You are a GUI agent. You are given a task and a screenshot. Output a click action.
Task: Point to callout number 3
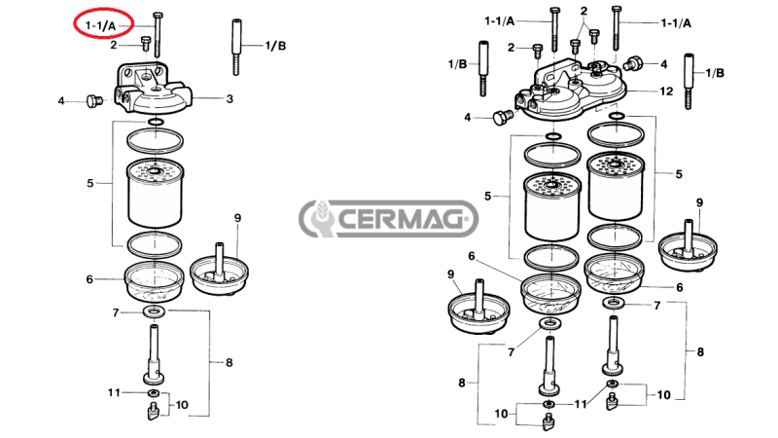230,98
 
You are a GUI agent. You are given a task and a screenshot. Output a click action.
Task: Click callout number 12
666,91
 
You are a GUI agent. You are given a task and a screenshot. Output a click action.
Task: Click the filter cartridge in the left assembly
154,193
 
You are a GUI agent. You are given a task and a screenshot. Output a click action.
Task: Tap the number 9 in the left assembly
236,216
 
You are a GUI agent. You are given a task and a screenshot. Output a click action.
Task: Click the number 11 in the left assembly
114,392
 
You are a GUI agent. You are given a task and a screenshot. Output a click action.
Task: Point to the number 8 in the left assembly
229,362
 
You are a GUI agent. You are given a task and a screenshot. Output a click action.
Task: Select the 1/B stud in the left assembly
236,46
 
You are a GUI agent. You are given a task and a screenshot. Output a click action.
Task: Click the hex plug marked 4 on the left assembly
93,100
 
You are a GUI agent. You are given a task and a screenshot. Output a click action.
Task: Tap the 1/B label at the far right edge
715,72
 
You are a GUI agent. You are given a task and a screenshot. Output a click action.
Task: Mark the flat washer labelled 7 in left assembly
154,311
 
